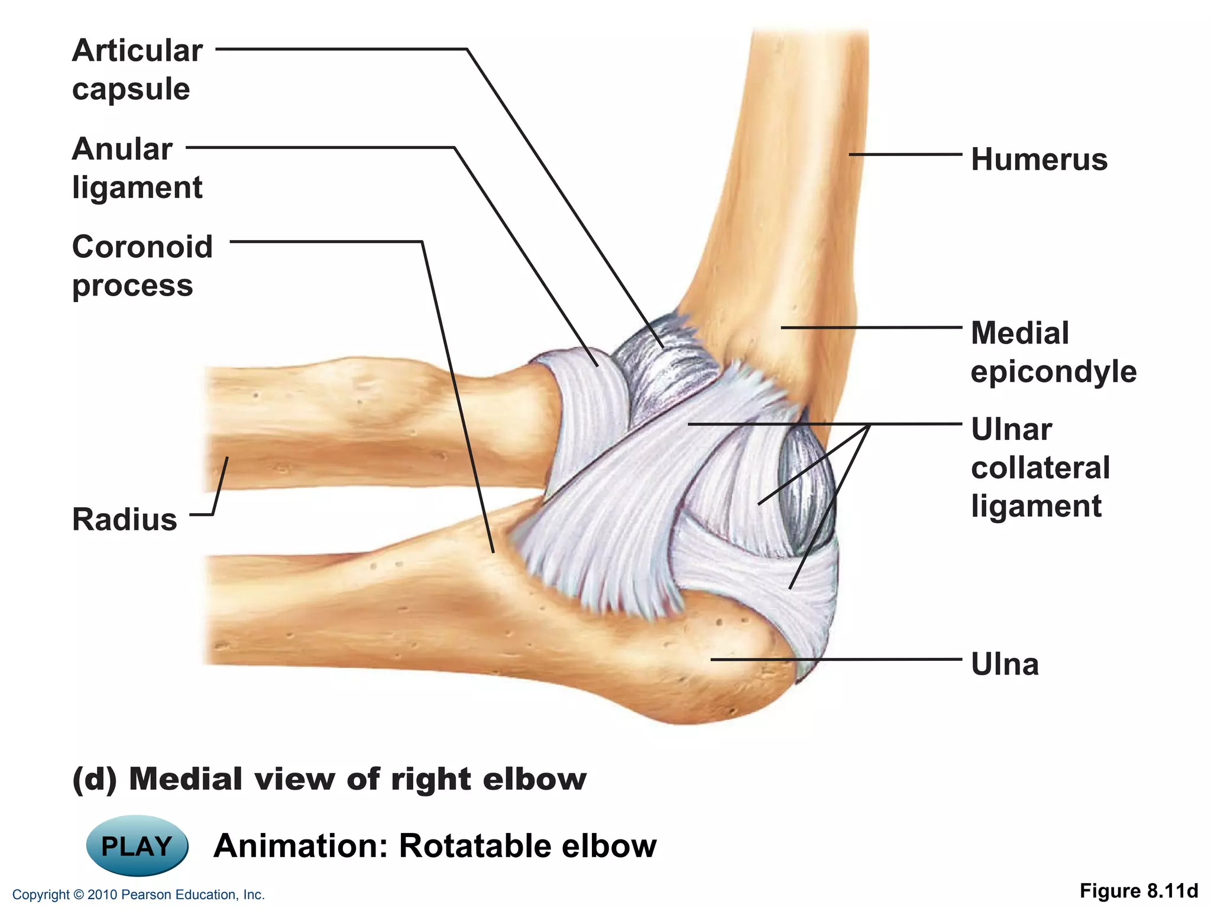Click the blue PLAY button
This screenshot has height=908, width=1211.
(x=137, y=845)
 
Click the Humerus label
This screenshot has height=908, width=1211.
(x=1039, y=160)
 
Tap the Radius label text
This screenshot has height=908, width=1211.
(x=124, y=520)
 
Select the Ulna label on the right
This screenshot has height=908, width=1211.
(x=1005, y=664)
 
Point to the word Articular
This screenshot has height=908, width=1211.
(x=137, y=50)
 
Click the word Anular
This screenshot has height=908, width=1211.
(x=122, y=148)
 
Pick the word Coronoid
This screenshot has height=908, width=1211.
(x=142, y=247)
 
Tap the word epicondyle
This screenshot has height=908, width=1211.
(x=1053, y=372)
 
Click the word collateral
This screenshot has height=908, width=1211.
(x=1040, y=468)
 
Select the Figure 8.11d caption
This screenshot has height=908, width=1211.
(x=1138, y=891)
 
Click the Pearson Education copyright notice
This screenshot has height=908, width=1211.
(x=138, y=894)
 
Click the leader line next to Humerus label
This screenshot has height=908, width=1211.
(x=905, y=155)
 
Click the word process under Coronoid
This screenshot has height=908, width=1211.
(x=132, y=286)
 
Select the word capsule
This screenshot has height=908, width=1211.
(x=131, y=89)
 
